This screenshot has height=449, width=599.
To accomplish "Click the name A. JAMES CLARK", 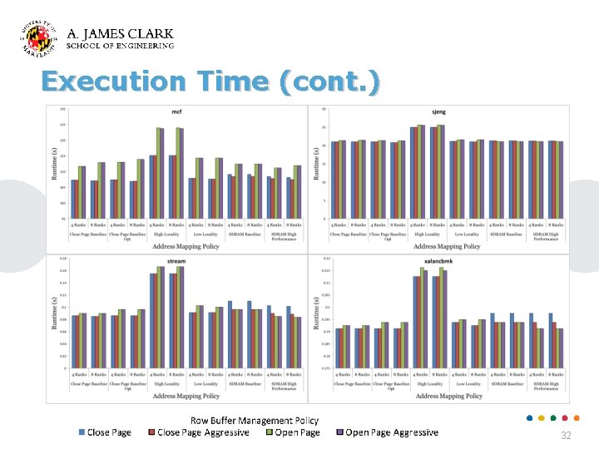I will (x=120, y=34).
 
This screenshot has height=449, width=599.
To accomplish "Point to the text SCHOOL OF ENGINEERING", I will (x=120, y=46).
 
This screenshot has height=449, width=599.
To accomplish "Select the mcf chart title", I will (x=176, y=111).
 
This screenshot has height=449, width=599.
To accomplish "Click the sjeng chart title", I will (x=439, y=111).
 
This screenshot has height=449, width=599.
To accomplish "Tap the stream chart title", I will (x=176, y=261).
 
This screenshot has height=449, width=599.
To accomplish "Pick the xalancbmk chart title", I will (x=439, y=261).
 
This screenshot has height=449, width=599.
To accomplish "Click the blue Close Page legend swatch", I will (x=82, y=432).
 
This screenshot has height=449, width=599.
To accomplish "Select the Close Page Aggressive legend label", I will (x=203, y=432).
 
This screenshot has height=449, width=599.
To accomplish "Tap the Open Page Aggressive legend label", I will (x=391, y=432).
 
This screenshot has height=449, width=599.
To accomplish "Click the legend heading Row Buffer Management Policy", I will (x=255, y=421).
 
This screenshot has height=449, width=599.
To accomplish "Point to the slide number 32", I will (x=566, y=436).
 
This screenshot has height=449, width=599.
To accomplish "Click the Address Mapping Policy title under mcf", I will (x=186, y=246).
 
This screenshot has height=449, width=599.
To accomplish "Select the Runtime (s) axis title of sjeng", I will (x=316, y=165).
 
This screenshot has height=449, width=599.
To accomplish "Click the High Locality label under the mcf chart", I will (x=166, y=234).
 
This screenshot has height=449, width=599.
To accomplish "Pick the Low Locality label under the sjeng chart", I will (x=468, y=234).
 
